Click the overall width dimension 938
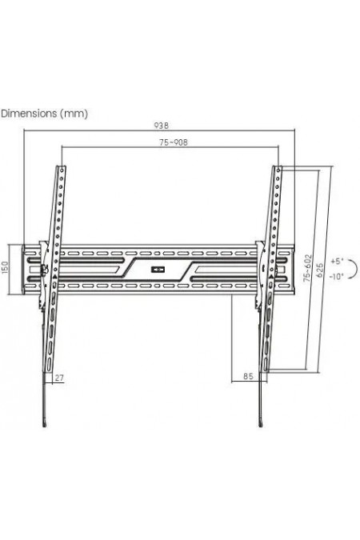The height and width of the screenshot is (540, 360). coord(162,126)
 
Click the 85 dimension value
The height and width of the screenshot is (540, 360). coord(247,374)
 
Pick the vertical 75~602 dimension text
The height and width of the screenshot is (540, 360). coord(307,268)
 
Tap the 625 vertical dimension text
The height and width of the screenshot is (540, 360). coord(319,268)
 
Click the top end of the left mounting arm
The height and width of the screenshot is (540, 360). coord(60,167)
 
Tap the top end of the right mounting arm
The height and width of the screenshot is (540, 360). coord(277,167)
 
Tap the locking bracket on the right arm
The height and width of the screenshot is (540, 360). coord(259,272)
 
